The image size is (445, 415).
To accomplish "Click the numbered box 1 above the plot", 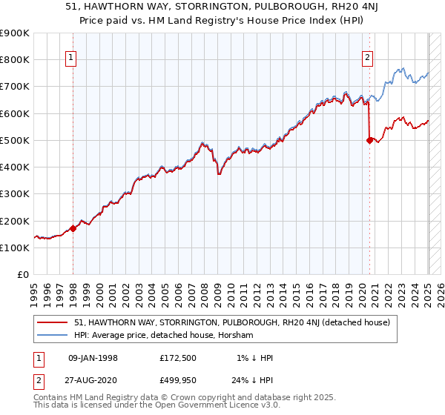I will pos(70,59).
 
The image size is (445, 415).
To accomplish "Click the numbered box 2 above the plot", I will pos(367,59).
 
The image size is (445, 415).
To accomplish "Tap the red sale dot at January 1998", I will pos(73,228).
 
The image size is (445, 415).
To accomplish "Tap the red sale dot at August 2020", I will pos(370,140).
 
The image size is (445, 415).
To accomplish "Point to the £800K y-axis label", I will pos(15,60).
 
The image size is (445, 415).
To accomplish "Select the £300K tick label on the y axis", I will pos(15,194).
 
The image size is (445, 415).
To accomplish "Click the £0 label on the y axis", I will pos(22,275).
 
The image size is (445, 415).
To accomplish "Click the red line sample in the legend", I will pos(53,322).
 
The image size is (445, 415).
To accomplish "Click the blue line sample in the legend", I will pos(53,335).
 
